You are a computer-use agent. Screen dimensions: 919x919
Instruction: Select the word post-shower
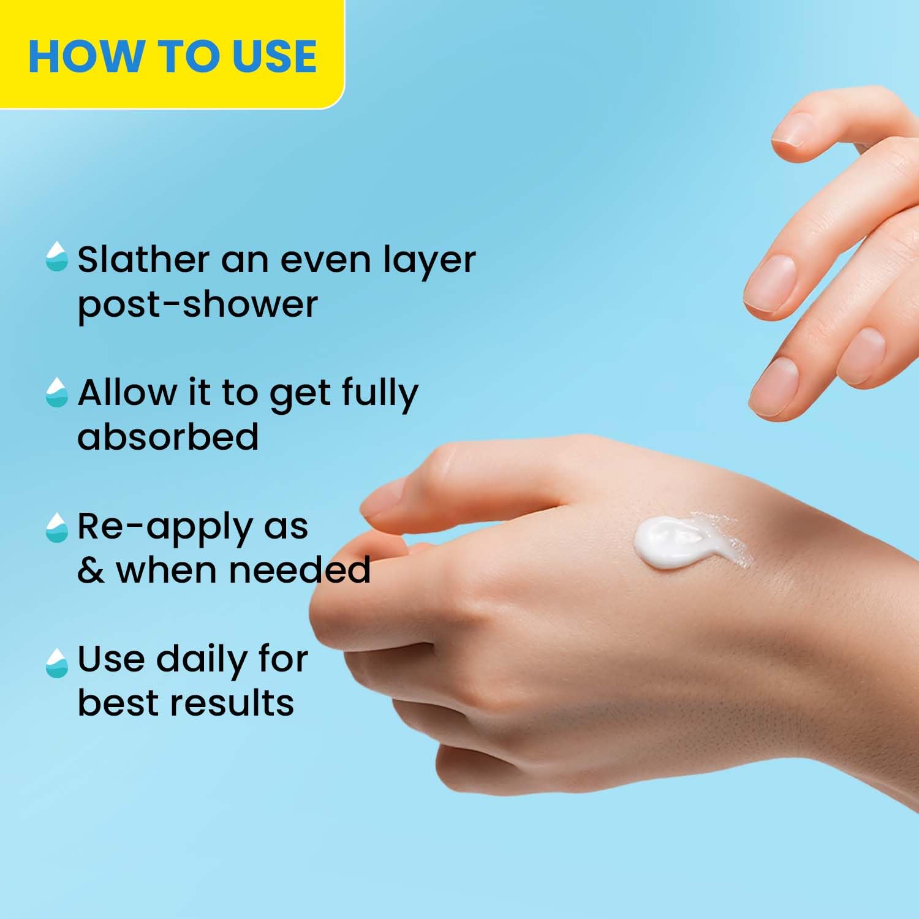click(197, 304)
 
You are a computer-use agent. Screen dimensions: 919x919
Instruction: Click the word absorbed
click(168, 436)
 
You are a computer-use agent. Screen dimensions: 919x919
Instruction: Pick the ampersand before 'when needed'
click(91, 570)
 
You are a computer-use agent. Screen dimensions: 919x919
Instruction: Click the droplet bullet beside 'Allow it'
click(56, 392)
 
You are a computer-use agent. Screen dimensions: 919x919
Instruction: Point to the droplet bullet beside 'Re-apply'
click(56, 528)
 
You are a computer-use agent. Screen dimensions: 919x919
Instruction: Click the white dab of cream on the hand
click(668, 542)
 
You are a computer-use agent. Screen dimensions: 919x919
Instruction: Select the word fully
click(380, 394)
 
